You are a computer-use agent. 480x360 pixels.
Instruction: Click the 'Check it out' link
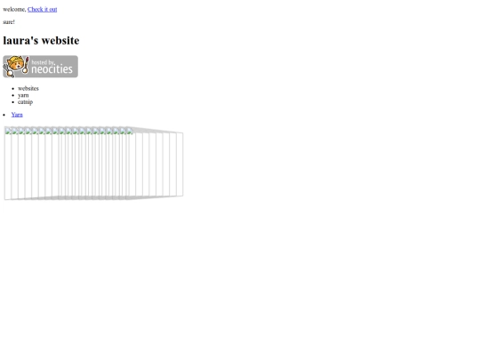point(43,10)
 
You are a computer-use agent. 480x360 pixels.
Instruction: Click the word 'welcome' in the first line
point(14,10)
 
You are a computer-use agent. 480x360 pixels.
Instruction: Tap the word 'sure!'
point(9,22)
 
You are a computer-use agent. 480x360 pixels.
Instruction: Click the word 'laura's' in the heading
point(20,40)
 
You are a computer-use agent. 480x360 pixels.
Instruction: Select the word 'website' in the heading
point(60,40)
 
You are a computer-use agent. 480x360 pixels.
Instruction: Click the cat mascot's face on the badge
point(15,65)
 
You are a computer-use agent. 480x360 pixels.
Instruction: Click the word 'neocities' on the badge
point(52,69)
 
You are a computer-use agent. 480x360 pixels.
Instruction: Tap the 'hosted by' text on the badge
point(44,62)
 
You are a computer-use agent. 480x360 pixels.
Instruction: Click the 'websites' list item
point(28,89)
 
